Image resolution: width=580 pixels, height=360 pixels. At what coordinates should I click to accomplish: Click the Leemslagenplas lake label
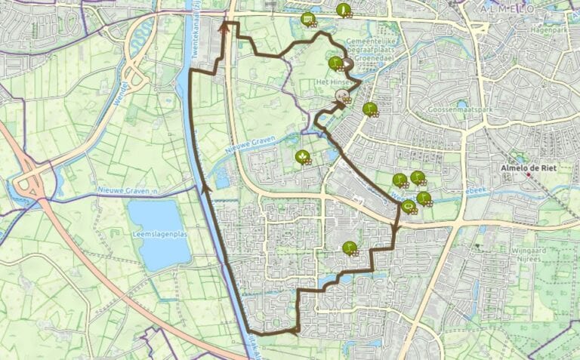159,235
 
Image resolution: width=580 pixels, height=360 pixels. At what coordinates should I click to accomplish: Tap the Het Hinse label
331,81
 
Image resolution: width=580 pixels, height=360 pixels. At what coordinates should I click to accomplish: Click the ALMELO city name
507,8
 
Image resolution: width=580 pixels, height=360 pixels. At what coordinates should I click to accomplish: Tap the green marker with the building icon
307,19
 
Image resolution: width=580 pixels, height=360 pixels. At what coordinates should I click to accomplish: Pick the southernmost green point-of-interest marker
349,248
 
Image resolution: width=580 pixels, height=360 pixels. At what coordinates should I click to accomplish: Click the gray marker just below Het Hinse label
341,95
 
